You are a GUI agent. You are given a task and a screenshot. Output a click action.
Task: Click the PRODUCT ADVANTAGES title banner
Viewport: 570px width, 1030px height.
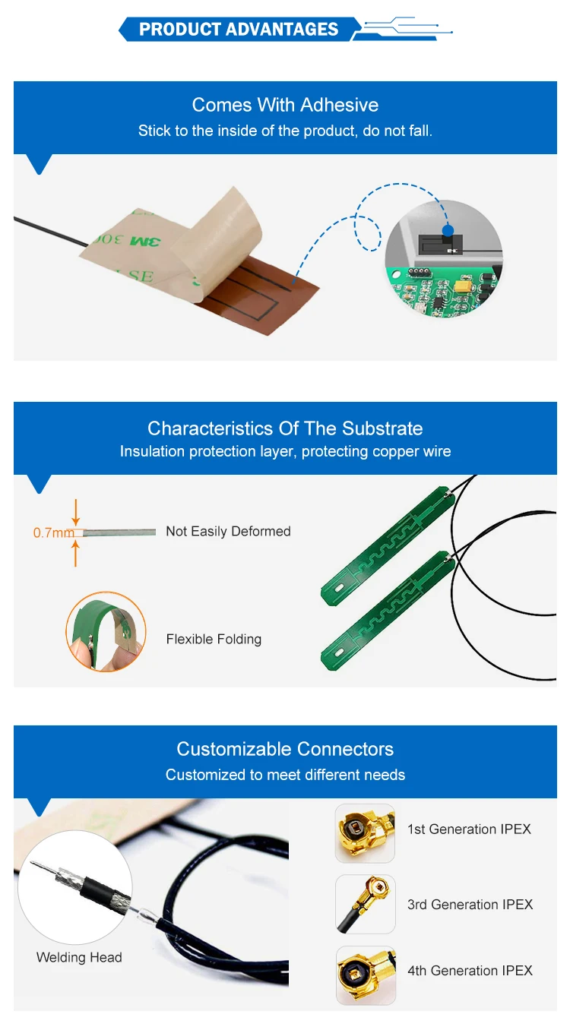238,30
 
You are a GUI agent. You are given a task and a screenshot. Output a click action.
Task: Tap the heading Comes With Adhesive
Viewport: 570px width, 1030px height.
285,105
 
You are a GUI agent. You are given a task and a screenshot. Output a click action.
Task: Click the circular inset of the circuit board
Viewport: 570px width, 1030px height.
444,258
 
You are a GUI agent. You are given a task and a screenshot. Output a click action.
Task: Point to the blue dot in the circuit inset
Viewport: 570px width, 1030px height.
448,229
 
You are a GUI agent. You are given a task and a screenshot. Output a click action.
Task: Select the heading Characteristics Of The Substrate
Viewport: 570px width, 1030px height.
285,428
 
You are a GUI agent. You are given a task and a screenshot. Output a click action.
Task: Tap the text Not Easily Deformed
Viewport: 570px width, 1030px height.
228,532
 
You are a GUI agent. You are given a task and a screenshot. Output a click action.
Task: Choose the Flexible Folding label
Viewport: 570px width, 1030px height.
214,639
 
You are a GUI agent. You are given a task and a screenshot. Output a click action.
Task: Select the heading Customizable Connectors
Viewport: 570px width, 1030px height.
285,749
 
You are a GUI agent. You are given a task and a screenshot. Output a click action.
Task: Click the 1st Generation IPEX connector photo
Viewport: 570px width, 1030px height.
365,833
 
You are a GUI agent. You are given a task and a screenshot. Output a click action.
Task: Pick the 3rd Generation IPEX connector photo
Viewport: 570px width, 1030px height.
365,904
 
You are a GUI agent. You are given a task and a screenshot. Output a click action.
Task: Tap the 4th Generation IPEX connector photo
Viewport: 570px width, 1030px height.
366,975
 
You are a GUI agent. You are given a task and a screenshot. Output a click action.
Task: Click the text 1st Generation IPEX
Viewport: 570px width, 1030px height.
469,829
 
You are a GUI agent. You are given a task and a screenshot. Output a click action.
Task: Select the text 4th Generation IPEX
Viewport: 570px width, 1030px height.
470,970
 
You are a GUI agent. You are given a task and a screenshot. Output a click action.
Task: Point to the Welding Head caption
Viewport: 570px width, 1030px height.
79,957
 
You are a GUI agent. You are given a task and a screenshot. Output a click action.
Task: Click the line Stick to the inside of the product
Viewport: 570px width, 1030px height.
285,131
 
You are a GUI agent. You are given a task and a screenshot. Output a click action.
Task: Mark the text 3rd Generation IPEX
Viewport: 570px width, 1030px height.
470,904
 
